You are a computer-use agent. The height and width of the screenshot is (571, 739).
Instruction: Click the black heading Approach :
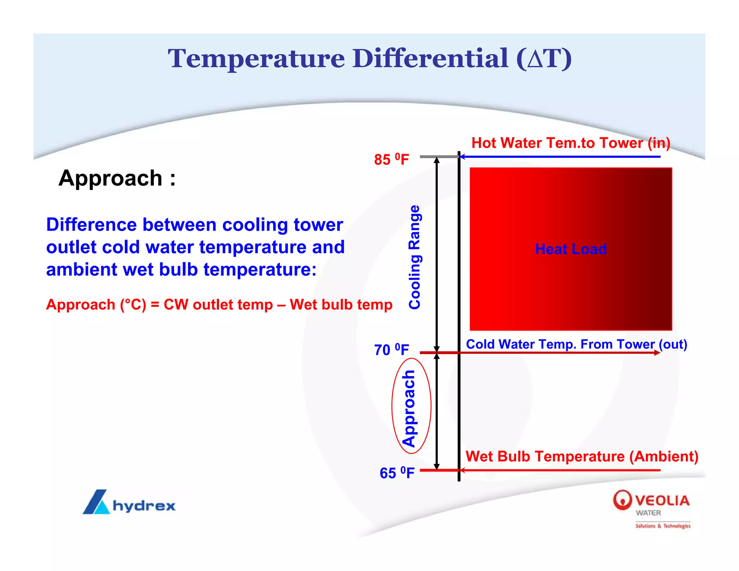click(117, 178)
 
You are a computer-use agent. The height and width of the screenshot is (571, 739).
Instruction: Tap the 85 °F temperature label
click(391, 159)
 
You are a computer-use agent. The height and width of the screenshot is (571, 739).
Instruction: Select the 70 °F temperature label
click(391, 349)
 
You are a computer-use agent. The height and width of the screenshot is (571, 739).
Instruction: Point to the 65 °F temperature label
click(397, 473)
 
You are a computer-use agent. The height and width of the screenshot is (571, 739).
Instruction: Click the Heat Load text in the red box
click(570, 249)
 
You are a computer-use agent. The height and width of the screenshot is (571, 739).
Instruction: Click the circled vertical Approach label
click(410, 408)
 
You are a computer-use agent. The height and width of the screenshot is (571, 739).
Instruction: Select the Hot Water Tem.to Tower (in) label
click(570, 143)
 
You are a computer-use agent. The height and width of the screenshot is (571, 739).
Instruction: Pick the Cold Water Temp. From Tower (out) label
click(576, 344)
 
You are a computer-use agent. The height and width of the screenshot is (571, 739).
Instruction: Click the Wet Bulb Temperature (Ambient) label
click(582, 456)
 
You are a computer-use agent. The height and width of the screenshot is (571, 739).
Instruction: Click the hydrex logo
click(129, 502)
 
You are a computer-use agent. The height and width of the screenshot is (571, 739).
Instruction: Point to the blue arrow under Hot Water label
click(559, 157)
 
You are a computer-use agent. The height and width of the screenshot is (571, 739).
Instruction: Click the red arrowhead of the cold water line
click(657, 353)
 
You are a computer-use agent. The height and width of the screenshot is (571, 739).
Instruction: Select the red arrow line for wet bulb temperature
click(559, 470)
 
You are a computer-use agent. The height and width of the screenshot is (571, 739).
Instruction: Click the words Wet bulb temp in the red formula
click(341, 305)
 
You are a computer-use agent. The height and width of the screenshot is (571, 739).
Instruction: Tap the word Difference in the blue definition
click(92, 225)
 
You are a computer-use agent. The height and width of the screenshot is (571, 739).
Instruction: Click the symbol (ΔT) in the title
click(544, 58)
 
